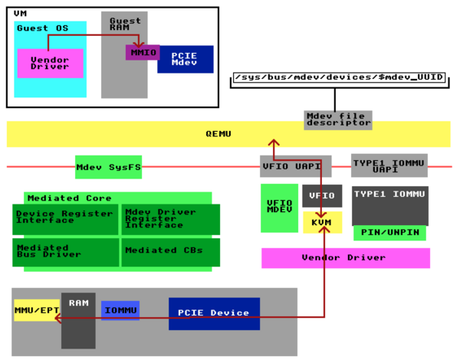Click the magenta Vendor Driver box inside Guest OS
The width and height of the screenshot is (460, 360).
point(50,63)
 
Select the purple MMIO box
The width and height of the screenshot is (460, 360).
point(143,53)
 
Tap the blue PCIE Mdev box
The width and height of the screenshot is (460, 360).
point(185,59)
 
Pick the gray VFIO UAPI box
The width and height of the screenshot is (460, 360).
point(296,166)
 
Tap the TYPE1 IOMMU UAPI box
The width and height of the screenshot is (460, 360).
point(389,165)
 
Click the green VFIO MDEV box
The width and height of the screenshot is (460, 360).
point(279,208)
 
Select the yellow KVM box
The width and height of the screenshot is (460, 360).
point(322,222)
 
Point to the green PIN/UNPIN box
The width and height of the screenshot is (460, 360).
point(389,233)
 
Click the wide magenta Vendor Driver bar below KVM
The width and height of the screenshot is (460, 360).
point(345,258)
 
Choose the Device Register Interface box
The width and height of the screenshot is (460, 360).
point(66,219)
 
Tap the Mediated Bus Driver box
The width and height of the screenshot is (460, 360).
point(66,252)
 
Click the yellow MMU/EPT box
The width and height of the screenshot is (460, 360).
point(36,309)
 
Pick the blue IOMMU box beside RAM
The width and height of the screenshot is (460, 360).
point(120,310)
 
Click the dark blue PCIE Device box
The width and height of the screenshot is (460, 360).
point(214,313)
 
